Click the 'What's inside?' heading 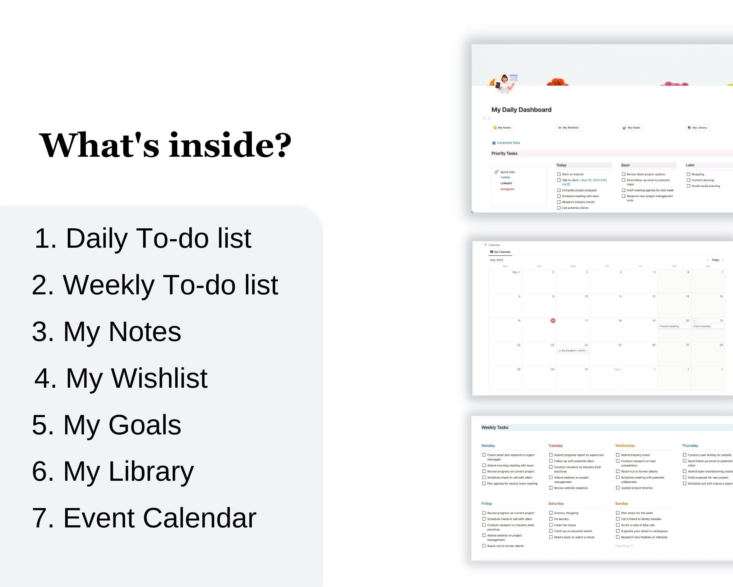165,145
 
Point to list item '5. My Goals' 106,425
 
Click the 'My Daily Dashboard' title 521,109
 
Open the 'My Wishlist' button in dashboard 569,128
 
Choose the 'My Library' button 697,128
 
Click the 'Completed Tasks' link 508,143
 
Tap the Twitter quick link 505,177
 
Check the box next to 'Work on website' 559,174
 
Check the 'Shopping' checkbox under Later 688,174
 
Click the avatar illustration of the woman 505,84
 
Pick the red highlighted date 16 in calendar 553,321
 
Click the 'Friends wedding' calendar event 669,326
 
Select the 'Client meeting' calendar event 702,326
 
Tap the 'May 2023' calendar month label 496,260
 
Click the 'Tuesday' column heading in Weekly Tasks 555,446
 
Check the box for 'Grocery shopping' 551,513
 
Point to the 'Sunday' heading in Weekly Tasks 622,504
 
